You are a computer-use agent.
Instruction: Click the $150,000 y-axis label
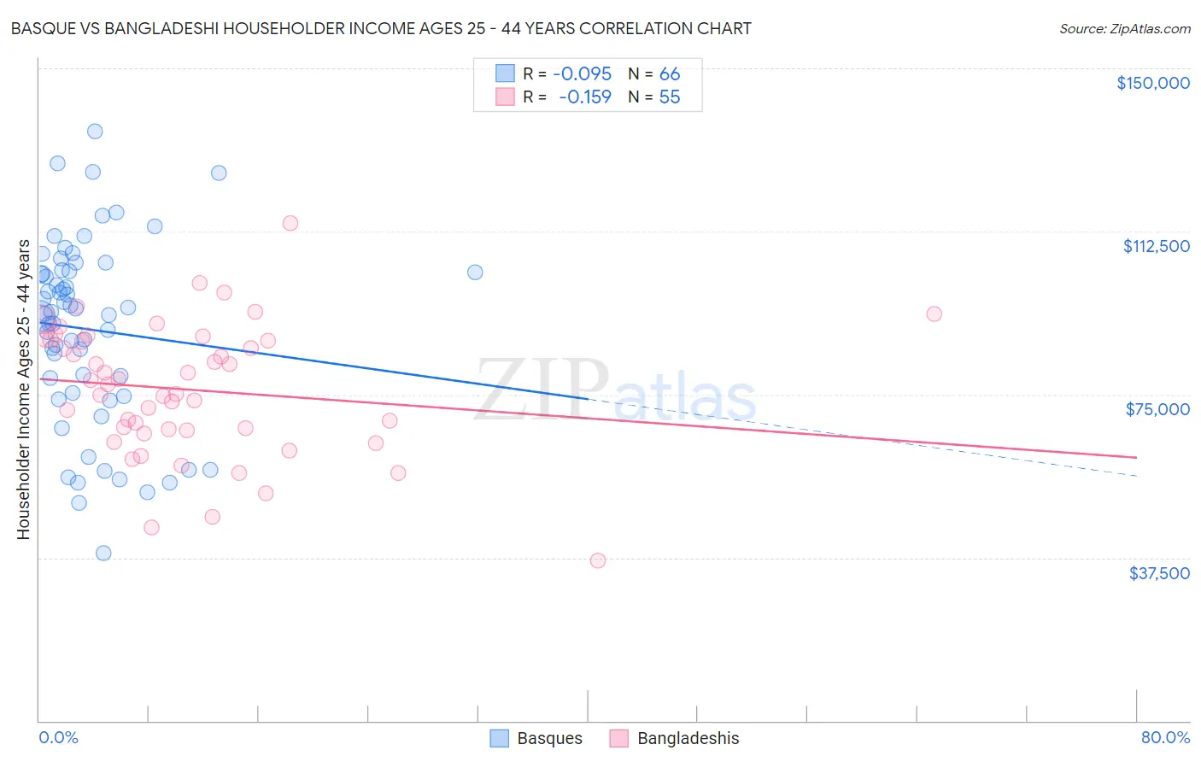click(1152, 83)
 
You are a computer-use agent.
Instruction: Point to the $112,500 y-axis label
click(1156, 246)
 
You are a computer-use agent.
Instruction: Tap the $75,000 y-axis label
click(1157, 409)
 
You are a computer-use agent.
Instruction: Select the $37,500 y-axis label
click(1159, 573)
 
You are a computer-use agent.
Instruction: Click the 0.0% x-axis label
click(58, 737)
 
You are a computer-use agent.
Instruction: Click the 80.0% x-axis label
click(1165, 737)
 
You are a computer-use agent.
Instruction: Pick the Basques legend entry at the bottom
click(536, 738)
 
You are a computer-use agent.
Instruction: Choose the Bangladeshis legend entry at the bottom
click(675, 738)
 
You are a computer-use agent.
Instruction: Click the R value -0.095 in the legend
click(583, 73)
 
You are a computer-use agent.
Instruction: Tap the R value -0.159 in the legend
click(585, 97)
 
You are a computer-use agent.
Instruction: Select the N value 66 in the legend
click(670, 73)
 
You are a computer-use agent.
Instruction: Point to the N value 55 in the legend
click(670, 97)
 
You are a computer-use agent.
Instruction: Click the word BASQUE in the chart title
click(43, 28)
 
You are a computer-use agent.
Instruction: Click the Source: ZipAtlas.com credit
click(1124, 28)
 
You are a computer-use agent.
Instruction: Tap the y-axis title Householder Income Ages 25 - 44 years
click(23, 390)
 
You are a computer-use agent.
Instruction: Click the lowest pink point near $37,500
click(598, 560)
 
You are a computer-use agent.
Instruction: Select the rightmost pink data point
click(934, 314)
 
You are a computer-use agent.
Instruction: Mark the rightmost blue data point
click(475, 272)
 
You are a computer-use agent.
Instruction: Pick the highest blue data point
click(95, 132)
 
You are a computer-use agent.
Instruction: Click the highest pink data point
click(290, 223)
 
